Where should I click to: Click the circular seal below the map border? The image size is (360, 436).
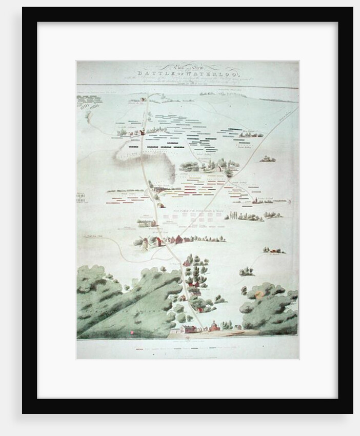[x=188, y=339]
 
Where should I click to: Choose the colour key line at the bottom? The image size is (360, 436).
[x=188, y=349]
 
